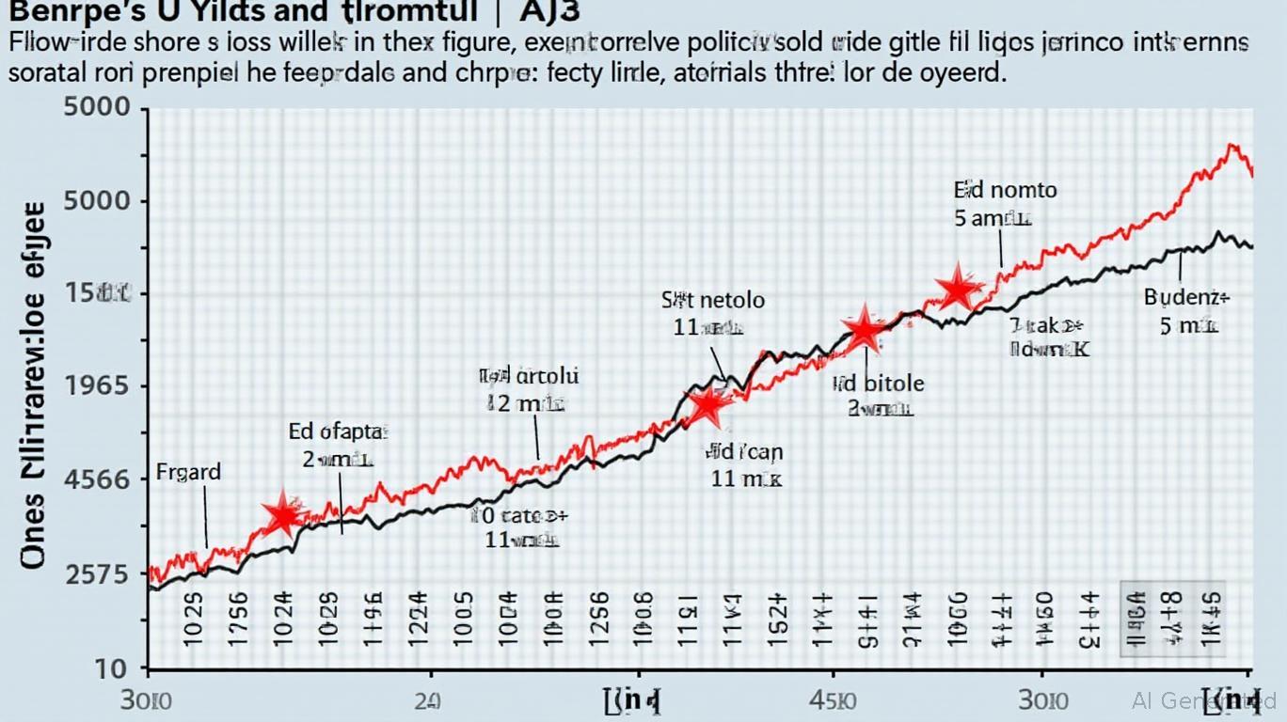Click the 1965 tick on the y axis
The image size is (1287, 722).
[98, 387]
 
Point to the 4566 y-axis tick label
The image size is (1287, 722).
[97, 479]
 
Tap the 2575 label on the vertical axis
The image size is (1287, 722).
[97, 574]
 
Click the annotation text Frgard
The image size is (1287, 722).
[188, 472]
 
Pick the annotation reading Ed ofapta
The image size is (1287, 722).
[339, 432]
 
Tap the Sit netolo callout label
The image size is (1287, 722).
[713, 301]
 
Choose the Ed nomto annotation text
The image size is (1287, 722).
[1005, 190]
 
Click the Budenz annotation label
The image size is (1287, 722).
[1186, 298]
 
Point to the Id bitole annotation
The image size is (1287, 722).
[879, 384]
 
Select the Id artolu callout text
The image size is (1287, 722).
[530, 377]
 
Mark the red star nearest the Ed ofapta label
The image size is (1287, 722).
[282, 514]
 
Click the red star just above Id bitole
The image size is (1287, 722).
[864, 330]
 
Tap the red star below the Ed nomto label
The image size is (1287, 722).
[958, 288]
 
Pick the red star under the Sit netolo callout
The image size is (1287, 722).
[707, 405]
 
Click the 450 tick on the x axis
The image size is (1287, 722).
[833, 700]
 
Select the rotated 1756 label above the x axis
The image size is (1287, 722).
[238, 619]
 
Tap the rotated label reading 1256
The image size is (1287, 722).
[596, 619]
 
